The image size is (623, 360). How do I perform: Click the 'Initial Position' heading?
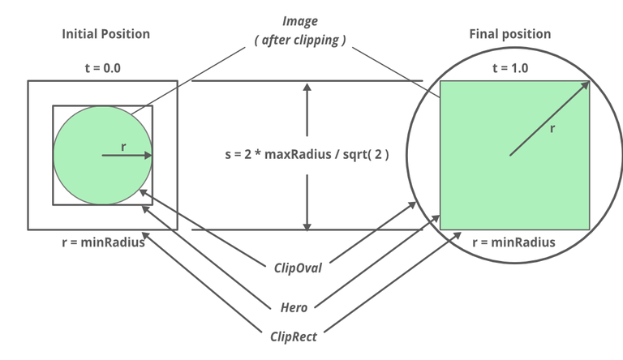click(x=106, y=34)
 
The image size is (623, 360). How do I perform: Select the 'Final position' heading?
click(x=509, y=34)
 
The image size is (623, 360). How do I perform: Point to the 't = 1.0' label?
click(x=509, y=68)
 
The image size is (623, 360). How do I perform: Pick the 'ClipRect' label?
click(x=294, y=333)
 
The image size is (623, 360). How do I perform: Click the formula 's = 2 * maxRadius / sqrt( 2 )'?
click(x=307, y=153)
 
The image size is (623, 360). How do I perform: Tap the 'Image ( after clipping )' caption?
click(x=300, y=29)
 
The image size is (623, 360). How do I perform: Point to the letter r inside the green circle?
click(x=122, y=146)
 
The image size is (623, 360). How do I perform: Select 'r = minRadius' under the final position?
click(x=513, y=242)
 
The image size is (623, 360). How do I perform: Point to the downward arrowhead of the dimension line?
click(x=307, y=225)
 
